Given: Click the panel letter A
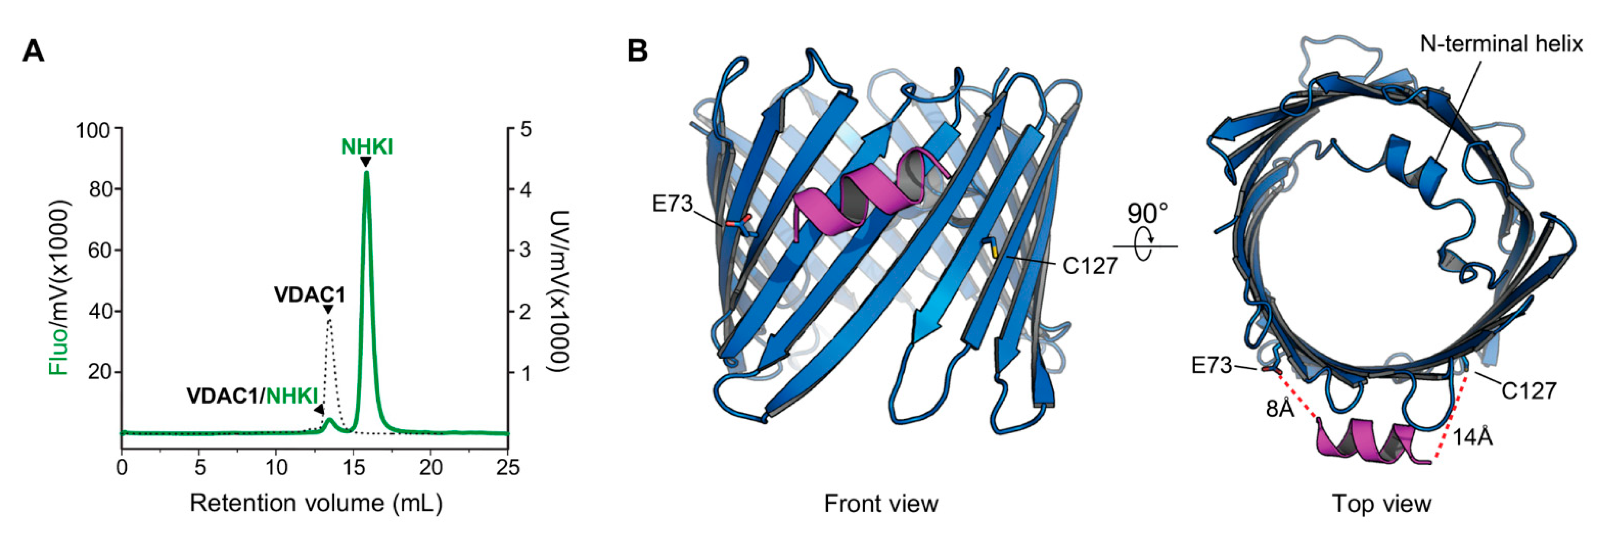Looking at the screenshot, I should coord(33,51).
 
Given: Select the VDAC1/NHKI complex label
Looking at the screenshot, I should coord(253,396).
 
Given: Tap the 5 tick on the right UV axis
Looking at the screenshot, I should coord(526,130).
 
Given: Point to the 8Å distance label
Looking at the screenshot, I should coord(1280,409).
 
